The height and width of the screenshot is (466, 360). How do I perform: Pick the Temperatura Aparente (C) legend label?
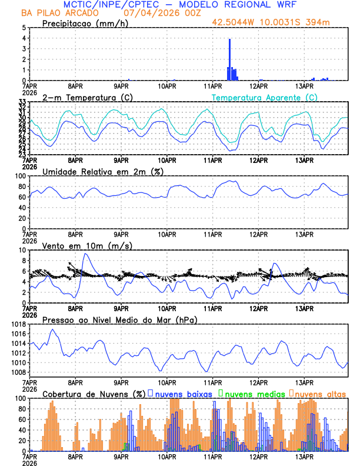coord(264,96)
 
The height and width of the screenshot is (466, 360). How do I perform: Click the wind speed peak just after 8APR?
coord(86,254)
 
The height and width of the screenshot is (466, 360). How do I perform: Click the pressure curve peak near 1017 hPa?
coord(52,329)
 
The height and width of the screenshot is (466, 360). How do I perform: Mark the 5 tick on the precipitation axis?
coord(23,28)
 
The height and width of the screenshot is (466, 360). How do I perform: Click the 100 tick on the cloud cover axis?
coord(20,398)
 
